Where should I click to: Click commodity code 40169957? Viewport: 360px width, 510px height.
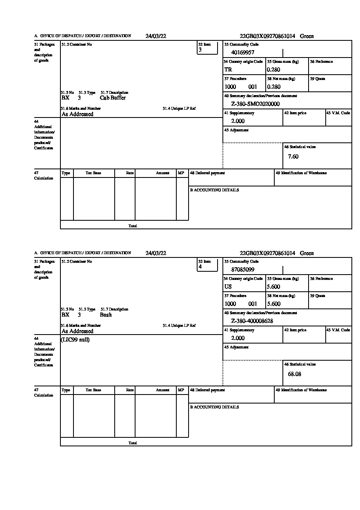point(243,52)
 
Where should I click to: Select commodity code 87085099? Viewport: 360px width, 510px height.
point(243,269)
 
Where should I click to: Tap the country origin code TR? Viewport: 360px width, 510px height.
point(228,70)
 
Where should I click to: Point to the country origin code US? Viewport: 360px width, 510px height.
point(228,287)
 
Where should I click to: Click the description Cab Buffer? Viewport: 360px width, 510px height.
point(113,98)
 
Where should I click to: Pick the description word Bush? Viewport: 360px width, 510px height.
point(106,315)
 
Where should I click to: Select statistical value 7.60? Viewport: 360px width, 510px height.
point(293,157)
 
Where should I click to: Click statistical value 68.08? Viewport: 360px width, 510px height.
point(294,374)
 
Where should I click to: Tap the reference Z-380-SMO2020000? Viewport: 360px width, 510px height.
point(256,104)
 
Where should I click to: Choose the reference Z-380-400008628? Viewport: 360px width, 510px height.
point(252,321)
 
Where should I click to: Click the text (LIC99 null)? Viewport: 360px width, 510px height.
point(75,340)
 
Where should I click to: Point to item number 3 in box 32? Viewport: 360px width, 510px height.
point(200,50)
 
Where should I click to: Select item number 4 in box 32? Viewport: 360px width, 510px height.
point(200,267)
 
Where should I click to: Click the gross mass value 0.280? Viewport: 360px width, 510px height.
point(274,70)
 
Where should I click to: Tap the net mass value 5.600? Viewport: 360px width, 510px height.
point(274,304)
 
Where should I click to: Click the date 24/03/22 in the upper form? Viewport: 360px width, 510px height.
point(156,36)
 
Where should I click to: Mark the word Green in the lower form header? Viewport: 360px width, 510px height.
point(307,253)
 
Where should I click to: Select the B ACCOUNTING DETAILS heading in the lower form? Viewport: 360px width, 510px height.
point(214,407)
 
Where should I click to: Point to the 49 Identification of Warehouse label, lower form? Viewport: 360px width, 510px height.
point(301,390)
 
